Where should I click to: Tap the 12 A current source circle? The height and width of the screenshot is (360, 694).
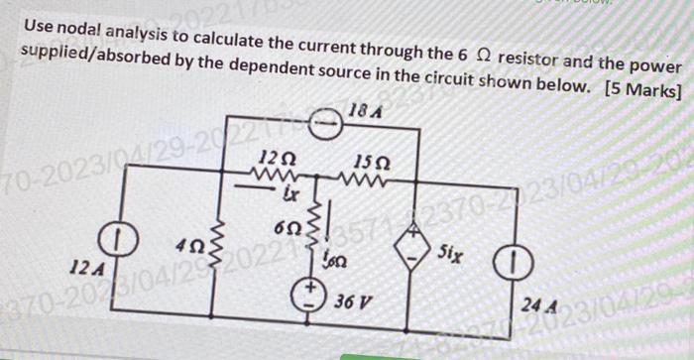click(x=117, y=242)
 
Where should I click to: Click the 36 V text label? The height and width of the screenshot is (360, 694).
click(x=355, y=300)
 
